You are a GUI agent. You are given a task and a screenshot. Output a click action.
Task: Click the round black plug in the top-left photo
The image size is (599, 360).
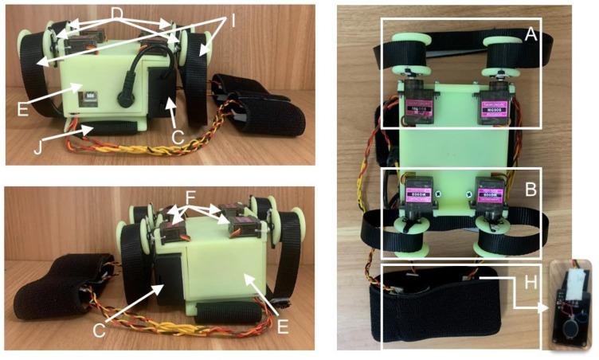coord(126,102)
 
